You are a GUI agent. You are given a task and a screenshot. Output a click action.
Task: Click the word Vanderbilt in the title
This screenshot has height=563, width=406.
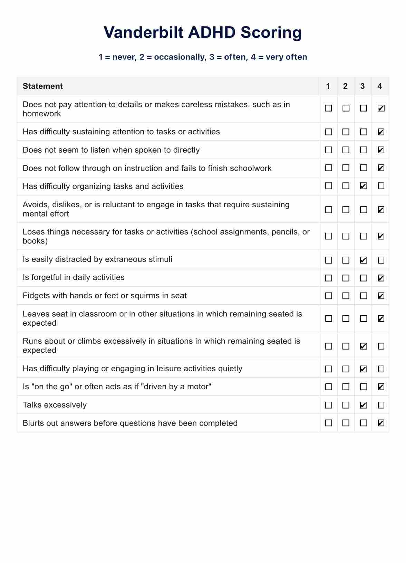[x=143, y=32]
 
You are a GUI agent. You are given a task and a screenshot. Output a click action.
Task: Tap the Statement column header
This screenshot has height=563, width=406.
[x=43, y=86]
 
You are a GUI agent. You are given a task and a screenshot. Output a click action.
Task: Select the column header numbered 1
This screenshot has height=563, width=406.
[x=328, y=86]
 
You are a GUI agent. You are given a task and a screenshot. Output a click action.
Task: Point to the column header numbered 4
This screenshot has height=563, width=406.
[x=380, y=86]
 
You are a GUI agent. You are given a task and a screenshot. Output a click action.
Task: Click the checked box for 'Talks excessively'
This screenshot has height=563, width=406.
[x=363, y=405]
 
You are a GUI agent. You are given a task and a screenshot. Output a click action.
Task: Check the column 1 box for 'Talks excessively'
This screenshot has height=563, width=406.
[x=329, y=405]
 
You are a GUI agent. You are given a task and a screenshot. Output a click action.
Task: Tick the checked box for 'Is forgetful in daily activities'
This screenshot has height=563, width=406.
[x=381, y=278]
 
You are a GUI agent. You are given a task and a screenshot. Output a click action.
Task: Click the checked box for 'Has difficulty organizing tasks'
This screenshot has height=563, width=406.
[x=363, y=186]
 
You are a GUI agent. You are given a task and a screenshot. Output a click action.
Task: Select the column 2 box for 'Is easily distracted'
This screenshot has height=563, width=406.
[x=346, y=260]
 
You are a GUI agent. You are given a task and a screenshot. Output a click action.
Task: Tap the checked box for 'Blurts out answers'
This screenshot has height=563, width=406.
[x=381, y=423]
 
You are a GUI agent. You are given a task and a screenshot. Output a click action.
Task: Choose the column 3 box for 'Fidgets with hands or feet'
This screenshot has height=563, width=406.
[x=363, y=296]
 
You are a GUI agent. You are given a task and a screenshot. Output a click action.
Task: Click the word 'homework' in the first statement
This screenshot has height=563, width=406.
[x=42, y=114]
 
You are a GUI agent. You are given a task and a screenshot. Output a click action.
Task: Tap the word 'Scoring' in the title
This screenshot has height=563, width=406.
[x=271, y=32]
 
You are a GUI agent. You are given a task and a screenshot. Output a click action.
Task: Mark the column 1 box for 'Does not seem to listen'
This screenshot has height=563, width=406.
[x=329, y=150]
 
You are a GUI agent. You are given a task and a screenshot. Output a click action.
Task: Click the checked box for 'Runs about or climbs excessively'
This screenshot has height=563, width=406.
[x=363, y=346]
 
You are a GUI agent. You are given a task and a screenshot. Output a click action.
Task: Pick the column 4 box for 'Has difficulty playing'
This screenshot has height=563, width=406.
[x=381, y=369]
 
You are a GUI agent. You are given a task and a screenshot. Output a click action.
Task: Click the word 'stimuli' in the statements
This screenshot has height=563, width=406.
[x=161, y=259]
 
